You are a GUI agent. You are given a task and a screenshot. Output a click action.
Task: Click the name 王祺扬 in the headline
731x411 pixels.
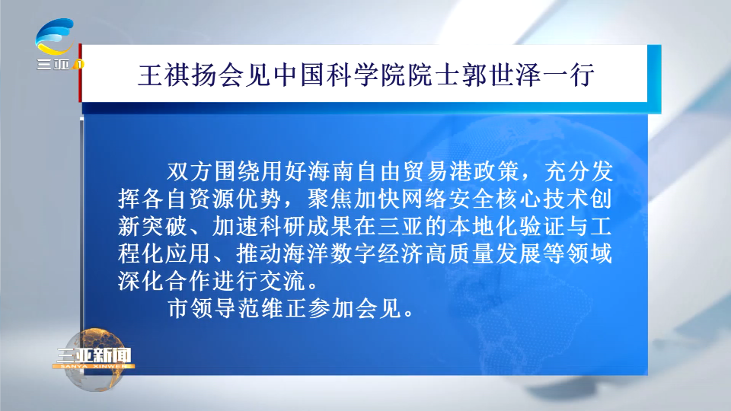coord(177,75)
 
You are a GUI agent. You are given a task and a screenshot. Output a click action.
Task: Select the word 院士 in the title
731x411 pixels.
coord(433,75)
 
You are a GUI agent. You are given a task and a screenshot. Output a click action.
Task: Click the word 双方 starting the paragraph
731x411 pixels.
coord(190,171)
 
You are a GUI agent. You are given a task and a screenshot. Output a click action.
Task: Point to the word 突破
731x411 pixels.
coord(164,227)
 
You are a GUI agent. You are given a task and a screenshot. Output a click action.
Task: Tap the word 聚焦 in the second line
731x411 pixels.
coord(330,199)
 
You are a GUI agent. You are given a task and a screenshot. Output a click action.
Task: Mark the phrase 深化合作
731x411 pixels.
coord(164,281)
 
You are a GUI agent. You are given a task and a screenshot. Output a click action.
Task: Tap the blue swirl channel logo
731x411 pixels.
coord(55,36)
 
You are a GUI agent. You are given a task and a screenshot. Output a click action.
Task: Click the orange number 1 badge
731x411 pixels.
coord(79,64)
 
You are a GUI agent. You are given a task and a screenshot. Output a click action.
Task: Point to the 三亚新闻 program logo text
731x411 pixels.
coord(94,355)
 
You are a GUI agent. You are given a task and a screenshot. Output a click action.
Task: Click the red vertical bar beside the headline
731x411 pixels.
coord(80,73)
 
